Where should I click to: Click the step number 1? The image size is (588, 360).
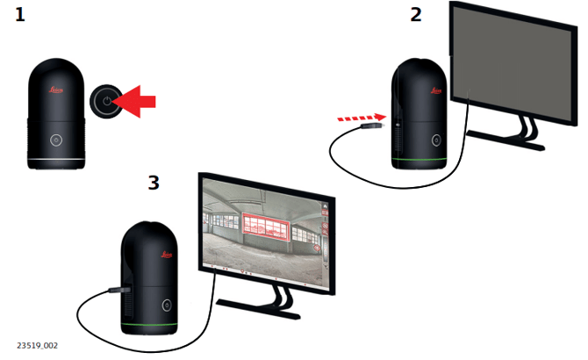[19, 15]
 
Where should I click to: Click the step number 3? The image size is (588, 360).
[154, 182]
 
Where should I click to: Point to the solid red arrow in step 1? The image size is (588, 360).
[138, 102]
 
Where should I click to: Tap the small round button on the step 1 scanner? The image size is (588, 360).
[55, 140]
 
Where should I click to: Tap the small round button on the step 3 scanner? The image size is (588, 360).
[166, 306]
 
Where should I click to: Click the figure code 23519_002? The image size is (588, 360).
[37, 345]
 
